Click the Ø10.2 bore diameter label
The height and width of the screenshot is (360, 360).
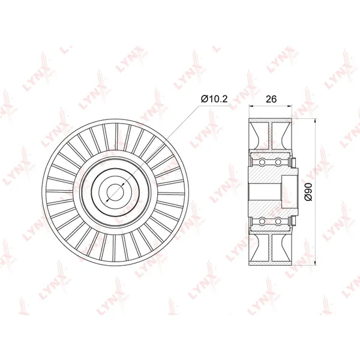pos(214,99)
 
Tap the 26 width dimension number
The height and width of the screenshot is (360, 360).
pos(271,99)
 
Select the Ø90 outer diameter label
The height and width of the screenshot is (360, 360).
pos(309,192)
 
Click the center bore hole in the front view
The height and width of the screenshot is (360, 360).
pos(115,192)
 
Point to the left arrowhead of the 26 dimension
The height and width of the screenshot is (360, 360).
pos(251,106)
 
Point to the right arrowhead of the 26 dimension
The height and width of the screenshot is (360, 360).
pos(290,106)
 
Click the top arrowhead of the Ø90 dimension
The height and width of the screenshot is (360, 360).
pos(316,121)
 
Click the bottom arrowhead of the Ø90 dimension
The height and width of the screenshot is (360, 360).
pos(316,263)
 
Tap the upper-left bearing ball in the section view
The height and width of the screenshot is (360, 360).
pos(262,163)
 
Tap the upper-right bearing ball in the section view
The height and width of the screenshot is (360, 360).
pos(278,163)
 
